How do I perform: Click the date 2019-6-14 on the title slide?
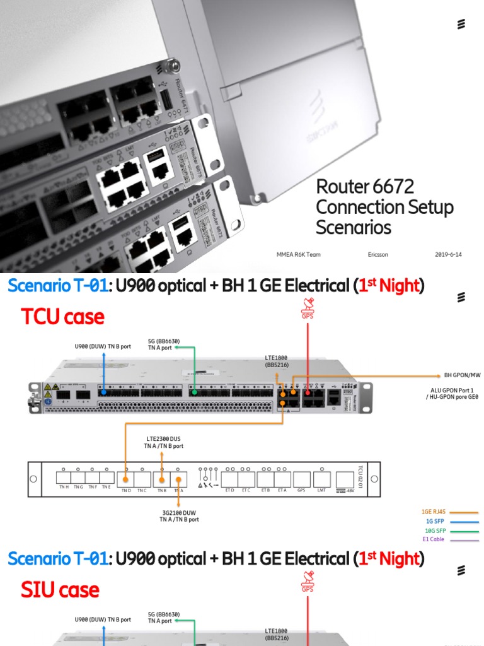coord(448,254)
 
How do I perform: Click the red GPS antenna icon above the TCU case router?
coord(308,311)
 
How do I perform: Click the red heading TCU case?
coord(62,317)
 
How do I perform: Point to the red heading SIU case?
coord(60,590)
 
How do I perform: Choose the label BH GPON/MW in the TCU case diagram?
coord(463,375)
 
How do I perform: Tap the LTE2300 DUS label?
coord(163,438)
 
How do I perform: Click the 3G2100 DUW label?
coord(179,515)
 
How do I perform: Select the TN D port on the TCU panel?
coord(126,479)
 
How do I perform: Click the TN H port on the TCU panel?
coord(64,479)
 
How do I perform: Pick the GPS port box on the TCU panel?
coord(301,479)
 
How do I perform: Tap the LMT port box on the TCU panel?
coord(321,479)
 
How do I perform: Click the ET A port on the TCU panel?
coord(282,479)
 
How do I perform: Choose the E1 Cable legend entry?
coord(434,539)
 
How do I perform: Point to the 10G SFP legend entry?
coord(435,531)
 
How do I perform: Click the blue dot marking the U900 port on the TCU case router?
coord(104,391)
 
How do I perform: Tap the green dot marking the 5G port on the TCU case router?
coord(195,392)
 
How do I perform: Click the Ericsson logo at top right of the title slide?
coord(461,25)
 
